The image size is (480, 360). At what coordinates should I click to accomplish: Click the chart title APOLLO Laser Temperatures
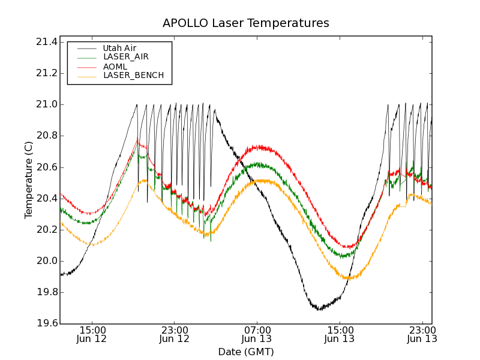[x=246, y=23]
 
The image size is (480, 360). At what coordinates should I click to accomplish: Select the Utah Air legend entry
[x=119, y=48]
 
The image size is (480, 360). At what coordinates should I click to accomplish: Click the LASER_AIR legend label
[x=125, y=57]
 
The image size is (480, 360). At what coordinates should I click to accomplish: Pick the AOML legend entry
[x=115, y=67]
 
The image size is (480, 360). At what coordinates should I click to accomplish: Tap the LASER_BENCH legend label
[x=133, y=76]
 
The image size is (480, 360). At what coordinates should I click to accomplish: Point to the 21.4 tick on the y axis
[x=46, y=42]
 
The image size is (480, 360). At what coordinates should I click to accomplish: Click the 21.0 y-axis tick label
[x=46, y=104]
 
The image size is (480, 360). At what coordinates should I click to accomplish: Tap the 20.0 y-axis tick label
[x=46, y=261]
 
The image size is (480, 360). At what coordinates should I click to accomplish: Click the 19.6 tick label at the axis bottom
[x=46, y=324]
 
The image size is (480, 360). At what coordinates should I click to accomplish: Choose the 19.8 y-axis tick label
[x=46, y=293]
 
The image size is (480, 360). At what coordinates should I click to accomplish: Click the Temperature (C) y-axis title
[x=29, y=180]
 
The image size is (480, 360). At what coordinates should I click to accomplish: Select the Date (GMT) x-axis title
[x=246, y=352]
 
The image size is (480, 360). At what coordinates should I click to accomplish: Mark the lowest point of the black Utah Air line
[x=319, y=310]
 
